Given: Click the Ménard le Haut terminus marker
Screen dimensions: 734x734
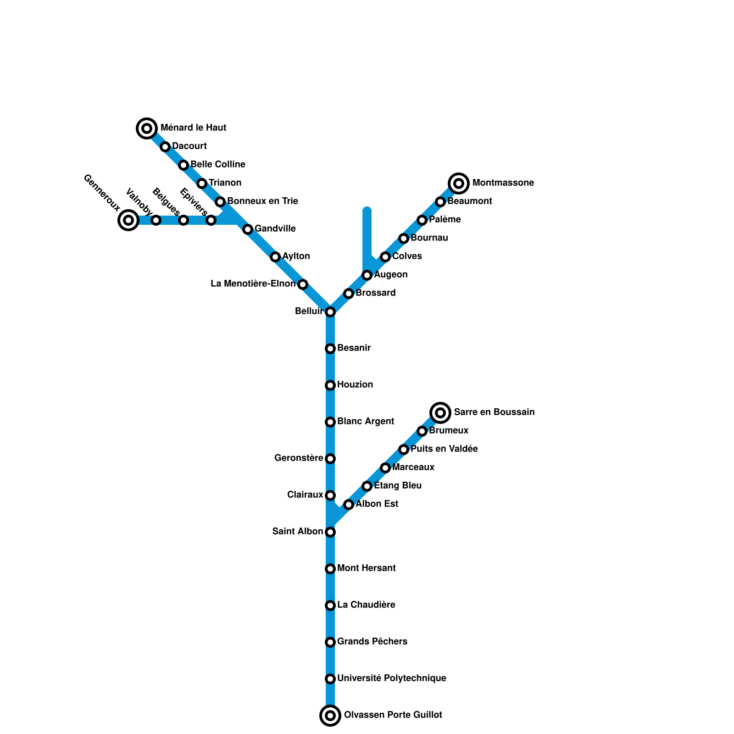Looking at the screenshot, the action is (x=147, y=128).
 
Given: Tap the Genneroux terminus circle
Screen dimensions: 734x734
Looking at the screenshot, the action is (x=128, y=220).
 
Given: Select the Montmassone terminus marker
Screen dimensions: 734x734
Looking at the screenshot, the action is (x=459, y=183).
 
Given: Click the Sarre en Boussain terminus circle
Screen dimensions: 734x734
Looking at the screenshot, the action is (x=440, y=413).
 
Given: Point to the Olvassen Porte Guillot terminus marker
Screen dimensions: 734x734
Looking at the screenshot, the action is (x=330, y=716).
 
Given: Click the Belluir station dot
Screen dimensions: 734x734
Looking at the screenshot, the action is (x=330, y=312).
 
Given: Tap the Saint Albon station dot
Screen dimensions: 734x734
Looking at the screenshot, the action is (x=330, y=532).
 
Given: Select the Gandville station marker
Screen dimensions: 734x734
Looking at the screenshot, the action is (x=248, y=229).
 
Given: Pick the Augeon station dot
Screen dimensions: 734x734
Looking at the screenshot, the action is (x=367, y=275).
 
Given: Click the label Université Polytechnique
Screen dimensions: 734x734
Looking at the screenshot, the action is (x=391, y=678).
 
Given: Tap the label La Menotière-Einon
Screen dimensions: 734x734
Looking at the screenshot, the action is (x=253, y=284).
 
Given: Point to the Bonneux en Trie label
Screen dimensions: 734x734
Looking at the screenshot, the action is (x=262, y=201).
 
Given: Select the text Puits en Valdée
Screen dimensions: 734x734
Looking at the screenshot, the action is (x=444, y=449).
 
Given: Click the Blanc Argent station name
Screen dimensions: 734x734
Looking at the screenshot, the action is (x=365, y=421).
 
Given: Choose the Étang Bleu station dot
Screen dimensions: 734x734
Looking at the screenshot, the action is (x=367, y=486).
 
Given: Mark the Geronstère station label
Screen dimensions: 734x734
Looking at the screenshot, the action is (x=299, y=458).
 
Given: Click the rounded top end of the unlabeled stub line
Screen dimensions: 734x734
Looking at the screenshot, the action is (x=367, y=211).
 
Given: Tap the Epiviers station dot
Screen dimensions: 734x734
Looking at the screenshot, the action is (x=211, y=220).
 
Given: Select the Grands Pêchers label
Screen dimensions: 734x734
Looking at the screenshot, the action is (x=372, y=641).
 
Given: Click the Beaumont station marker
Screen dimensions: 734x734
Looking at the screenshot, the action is (x=440, y=202).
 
